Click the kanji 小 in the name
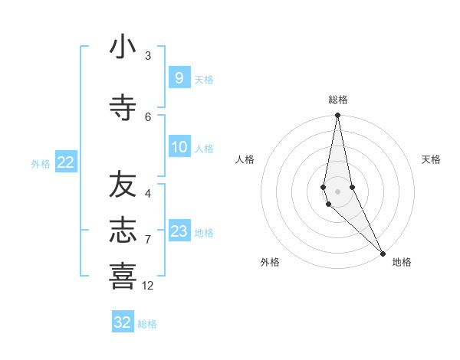[123, 47]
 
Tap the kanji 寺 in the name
[123, 107]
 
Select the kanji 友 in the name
[123, 184]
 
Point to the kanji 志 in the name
[123, 231]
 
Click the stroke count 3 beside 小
[148, 56]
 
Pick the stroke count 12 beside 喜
[148, 286]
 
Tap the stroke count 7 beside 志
[148, 240]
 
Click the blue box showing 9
[179, 78]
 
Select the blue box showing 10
[179, 147]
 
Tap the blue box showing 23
[179, 231]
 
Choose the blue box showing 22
[65, 162]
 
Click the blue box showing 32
[122, 322]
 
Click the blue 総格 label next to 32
[147, 324]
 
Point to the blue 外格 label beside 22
[41, 164]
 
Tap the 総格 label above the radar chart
[337, 100]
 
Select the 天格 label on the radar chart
[431, 159]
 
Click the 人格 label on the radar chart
[245, 159]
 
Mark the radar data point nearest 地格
[383, 253]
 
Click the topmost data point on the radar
[337, 116]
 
